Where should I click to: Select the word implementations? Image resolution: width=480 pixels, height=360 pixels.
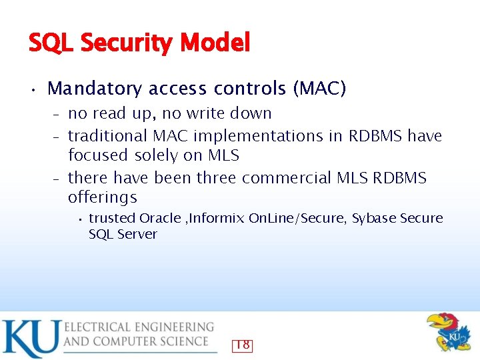tap(267, 136)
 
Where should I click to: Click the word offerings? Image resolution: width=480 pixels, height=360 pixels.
tap(103, 197)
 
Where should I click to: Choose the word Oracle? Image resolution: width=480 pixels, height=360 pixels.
tap(160, 218)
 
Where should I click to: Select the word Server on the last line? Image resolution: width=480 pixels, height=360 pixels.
tap(137, 234)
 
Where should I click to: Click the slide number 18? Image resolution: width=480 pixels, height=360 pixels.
tap(242, 345)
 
